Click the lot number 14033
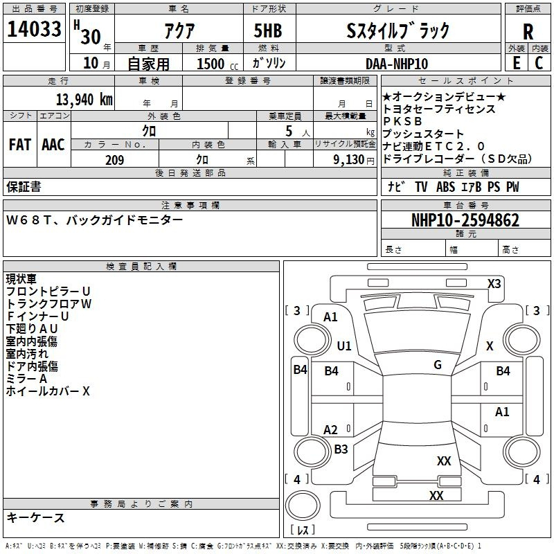pos(34,30)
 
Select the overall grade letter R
pos(528,31)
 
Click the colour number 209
pos(115,160)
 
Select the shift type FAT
pos(19,145)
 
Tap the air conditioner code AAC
pos(53,145)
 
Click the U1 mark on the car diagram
pos(344,346)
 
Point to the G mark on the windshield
pos(438,365)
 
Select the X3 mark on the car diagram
pos(494,283)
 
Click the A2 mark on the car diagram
pos(331,429)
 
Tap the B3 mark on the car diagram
pos(341,449)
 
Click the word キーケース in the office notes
pos(35,518)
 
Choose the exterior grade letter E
pos(517,63)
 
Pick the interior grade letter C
pos(539,63)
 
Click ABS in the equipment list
pos(446,187)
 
